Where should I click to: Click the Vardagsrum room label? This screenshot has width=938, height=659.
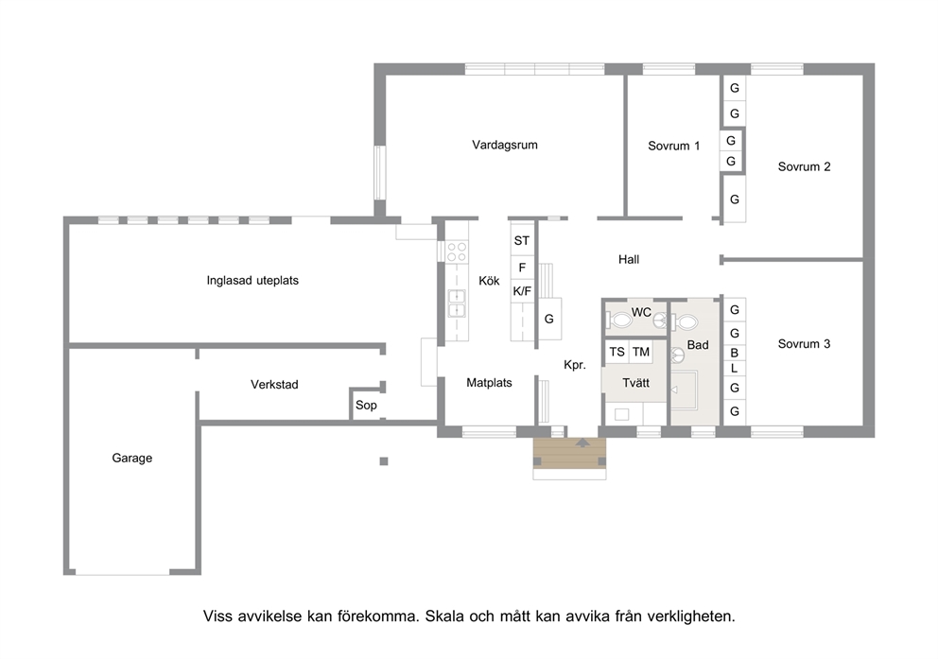click(504, 145)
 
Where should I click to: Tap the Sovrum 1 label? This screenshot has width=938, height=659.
click(673, 146)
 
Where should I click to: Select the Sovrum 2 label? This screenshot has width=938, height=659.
click(804, 166)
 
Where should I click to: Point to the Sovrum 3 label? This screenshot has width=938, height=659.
click(804, 344)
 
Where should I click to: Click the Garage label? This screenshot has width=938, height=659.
click(131, 458)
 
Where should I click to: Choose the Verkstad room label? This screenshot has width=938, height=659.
click(274, 385)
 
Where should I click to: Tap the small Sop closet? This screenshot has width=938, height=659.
click(366, 405)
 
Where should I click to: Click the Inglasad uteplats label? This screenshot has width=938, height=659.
click(252, 281)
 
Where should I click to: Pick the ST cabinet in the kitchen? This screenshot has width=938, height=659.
click(522, 240)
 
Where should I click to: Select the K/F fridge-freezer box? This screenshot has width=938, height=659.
click(522, 291)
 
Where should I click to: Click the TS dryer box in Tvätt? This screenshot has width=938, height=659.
click(617, 353)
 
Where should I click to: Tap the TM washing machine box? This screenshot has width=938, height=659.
click(641, 353)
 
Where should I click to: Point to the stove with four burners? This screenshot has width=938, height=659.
click(457, 251)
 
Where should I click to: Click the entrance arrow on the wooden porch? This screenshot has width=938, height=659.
click(582, 443)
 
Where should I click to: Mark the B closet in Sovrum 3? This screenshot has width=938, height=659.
click(734, 353)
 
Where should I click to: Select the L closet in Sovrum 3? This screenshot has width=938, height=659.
click(734, 369)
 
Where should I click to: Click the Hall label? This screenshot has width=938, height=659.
click(629, 259)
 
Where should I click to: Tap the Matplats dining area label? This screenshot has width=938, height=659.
click(489, 383)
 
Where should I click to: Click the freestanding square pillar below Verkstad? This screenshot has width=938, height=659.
click(384, 461)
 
